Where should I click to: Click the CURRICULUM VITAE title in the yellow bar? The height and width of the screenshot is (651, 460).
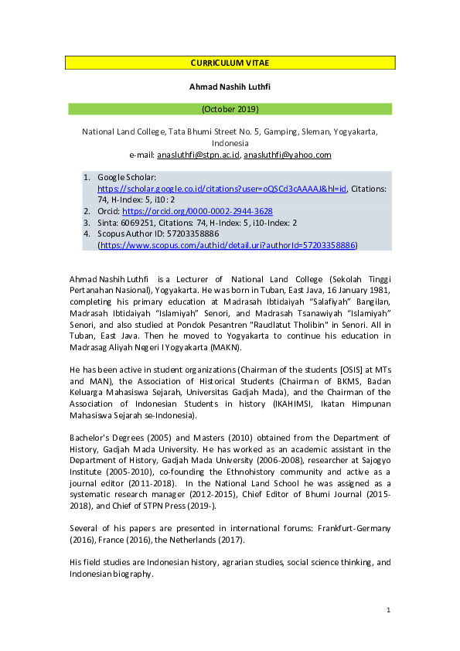pyautogui.click(x=230, y=63)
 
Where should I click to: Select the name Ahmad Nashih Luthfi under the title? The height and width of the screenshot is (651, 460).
pyautogui.click(x=230, y=87)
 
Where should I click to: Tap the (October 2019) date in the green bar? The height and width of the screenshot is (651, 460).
pyautogui.click(x=230, y=109)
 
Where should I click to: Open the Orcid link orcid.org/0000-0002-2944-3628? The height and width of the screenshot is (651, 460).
pyautogui.click(x=197, y=211)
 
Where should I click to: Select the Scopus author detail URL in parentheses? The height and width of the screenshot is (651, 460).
pyautogui.click(x=227, y=245)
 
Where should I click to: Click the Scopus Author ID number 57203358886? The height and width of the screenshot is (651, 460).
pyautogui.click(x=189, y=233)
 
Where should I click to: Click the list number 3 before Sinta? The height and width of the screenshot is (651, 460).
pyautogui.click(x=87, y=223)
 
